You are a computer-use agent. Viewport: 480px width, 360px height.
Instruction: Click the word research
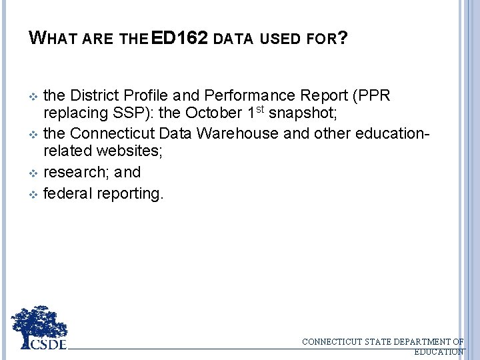point(75,172)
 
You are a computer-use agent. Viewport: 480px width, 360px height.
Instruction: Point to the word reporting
point(129,195)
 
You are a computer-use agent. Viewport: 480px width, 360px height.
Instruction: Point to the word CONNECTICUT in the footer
point(333,342)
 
